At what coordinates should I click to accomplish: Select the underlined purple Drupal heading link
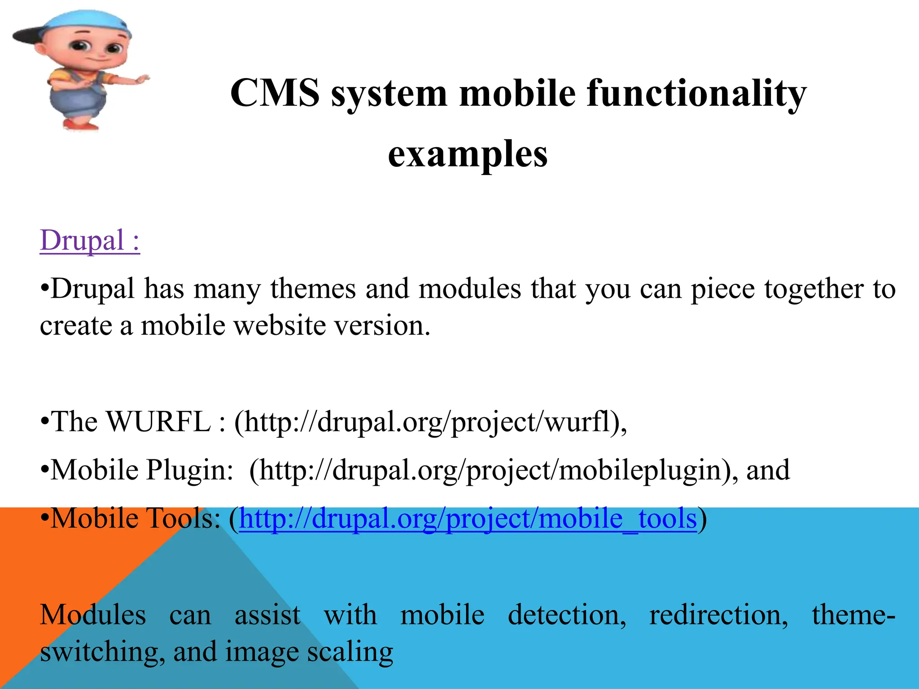pos(90,240)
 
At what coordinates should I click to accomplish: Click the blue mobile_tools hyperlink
pos(468,519)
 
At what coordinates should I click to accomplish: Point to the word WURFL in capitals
pos(158,422)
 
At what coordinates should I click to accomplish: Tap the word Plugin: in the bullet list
pos(189,471)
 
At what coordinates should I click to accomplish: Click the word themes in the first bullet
pos(313,288)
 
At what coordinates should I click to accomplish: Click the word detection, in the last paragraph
pos(567,615)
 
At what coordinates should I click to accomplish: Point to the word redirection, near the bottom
pos(718,615)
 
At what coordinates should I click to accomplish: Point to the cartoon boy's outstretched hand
pos(141,80)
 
